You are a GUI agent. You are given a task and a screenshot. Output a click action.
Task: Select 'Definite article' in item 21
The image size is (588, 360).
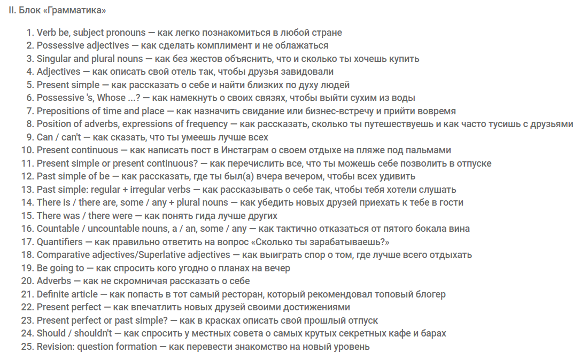[x=67, y=294]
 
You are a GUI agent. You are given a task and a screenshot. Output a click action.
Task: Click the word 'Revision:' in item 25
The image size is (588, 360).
[x=56, y=347]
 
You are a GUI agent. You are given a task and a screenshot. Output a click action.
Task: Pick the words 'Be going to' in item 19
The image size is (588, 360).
[x=60, y=268]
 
